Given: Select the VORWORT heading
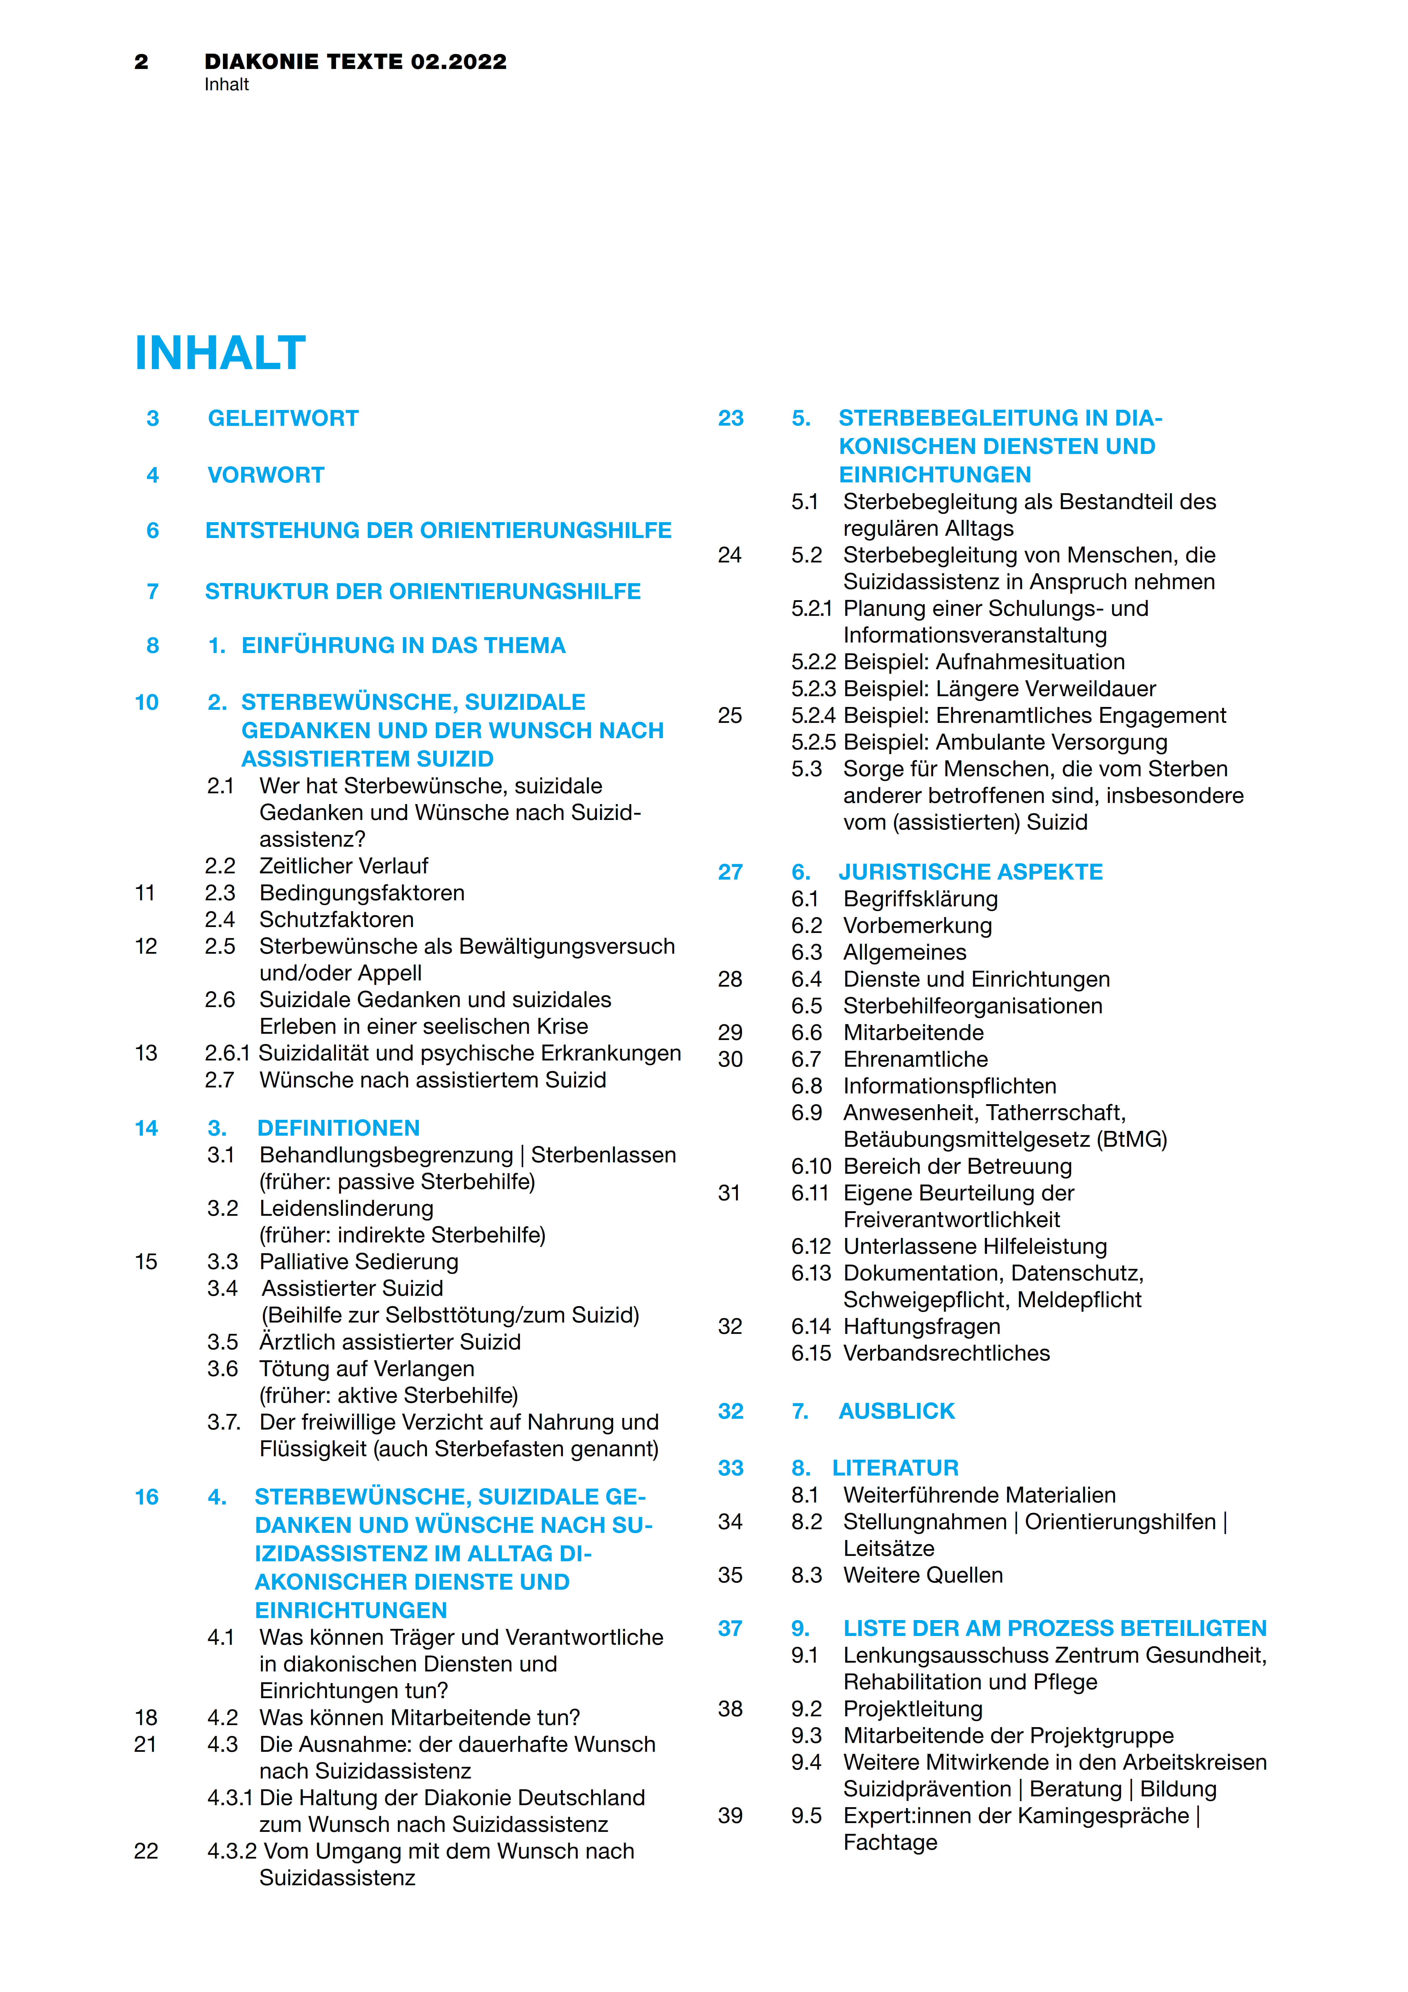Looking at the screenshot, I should click(x=265, y=476).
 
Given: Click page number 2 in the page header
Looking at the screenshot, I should click(x=141, y=62).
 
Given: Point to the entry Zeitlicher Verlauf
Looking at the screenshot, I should click(x=343, y=866).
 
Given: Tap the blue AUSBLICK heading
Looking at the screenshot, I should click(x=896, y=1412).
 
